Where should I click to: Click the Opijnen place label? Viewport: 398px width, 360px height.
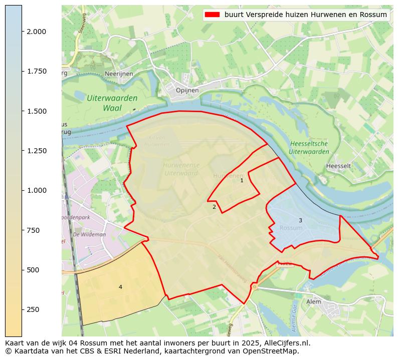click(x=187, y=91)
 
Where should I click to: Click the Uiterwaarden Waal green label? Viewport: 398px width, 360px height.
click(x=112, y=103)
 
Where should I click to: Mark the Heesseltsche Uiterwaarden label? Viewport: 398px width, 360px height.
click(x=309, y=148)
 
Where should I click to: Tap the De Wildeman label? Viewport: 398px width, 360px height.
click(x=89, y=234)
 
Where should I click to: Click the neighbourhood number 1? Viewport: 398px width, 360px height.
click(x=242, y=180)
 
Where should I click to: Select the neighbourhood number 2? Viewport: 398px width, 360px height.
click(x=214, y=207)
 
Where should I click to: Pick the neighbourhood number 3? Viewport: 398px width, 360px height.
click(x=300, y=220)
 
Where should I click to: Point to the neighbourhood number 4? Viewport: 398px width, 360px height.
click(x=120, y=287)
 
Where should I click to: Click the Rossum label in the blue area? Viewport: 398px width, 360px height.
click(x=291, y=228)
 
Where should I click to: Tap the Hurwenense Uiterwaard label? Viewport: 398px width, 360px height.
click(x=181, y=169)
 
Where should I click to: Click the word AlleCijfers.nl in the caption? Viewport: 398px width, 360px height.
click(x=288, y=343)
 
